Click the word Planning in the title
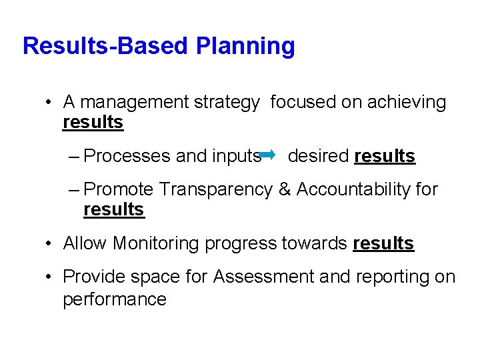point(245,47)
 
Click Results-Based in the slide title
point(106,46)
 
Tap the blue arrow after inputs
point(267,155)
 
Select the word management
point(134,103)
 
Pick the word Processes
point(127,156)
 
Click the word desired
point(318,156)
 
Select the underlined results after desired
point(385,156)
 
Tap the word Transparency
point(216,190)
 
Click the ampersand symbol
point(285,190)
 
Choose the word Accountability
point(353,190)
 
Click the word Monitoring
point(156,244)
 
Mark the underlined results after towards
point(383,244)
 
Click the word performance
point(114,299)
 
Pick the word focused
point(297,102)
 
